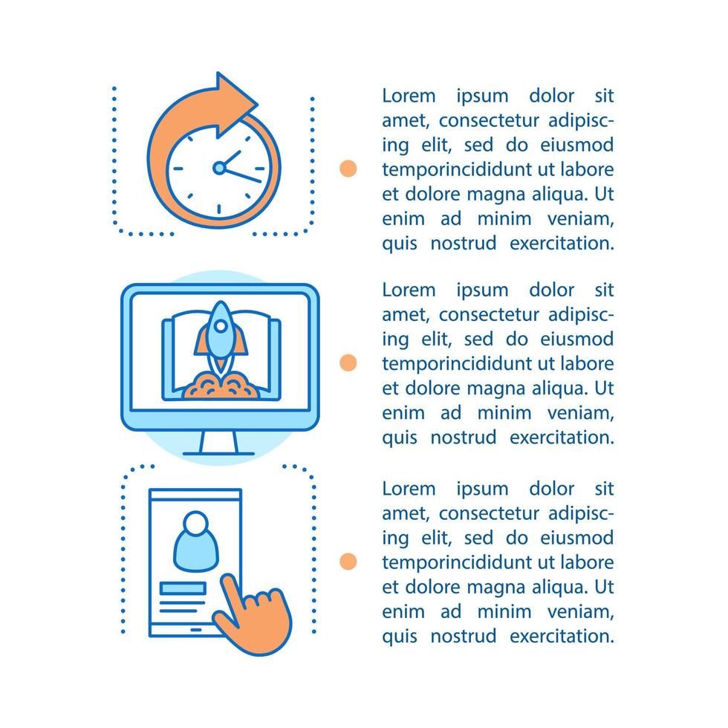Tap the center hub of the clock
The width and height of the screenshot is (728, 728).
pyautogui.click(x=219, y=168)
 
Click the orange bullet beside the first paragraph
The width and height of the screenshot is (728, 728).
pyautogui.click(x=348, y=168)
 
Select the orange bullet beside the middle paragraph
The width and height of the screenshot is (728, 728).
pyautogui.click(x=348, y=363)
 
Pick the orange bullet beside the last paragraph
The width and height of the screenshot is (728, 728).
pyautogui.click(x=348, y=562)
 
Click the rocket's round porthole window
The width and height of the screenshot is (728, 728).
pyautogui.click(x=221, y=326)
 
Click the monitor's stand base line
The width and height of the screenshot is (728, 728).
pyautogui.click(x=218, y=454)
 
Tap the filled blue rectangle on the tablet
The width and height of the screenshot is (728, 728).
pyautogui.click(x=183, y=588)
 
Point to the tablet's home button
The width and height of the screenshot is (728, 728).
pyautogui.click(x=196, y=630)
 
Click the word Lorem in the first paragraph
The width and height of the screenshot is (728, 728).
pyautogui.click(x=409, y=96)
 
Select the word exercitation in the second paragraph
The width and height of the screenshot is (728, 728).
pyautogui.click(x=562, y=438)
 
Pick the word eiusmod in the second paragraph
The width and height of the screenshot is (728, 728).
pyautogui.click(x=577, y=339)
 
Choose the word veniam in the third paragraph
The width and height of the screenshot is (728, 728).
pyautogui.click(x=581, y=612)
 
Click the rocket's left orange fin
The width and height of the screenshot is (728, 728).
pyautogui.click(x=201, y=339)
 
